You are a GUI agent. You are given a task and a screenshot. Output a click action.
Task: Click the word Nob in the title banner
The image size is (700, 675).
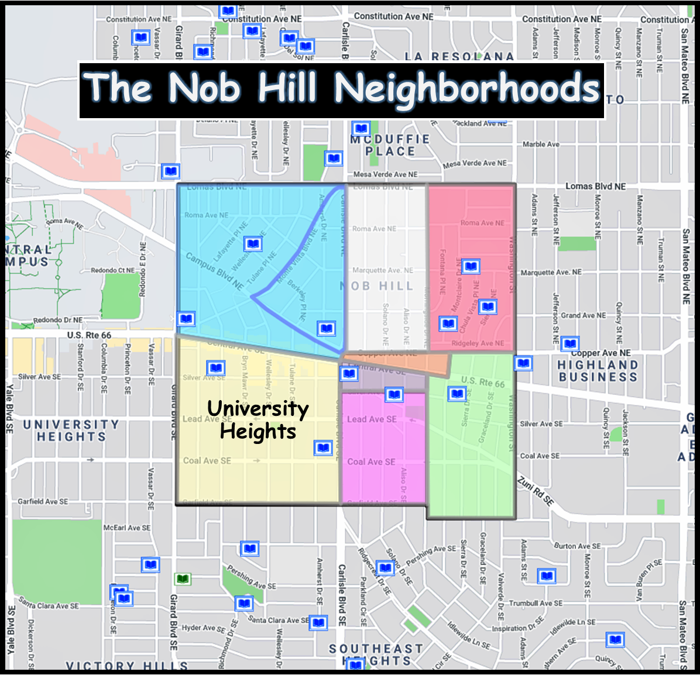tap(204, 89)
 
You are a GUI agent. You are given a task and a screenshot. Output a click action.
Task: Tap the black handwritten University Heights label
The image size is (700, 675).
tap(258, 419)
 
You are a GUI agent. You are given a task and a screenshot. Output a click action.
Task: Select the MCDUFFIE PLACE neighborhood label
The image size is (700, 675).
tap(390, 145)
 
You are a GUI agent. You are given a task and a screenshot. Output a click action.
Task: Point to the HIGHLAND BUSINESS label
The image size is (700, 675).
tap(598, 371)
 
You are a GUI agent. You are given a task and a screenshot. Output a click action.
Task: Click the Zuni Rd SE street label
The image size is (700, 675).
tap(536, 491)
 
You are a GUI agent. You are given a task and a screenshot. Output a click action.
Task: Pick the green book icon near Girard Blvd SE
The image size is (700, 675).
tap(183, 579)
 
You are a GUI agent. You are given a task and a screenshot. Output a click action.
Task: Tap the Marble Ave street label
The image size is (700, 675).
tap(541, 144)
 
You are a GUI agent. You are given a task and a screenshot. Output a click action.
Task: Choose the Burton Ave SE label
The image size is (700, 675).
tap(577, 546)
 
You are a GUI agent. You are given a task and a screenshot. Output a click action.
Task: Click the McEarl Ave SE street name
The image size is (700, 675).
tap(126, 528)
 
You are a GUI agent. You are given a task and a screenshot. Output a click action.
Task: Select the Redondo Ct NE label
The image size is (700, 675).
tap(112, 270)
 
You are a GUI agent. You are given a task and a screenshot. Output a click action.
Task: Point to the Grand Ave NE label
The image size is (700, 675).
tap(584, 315)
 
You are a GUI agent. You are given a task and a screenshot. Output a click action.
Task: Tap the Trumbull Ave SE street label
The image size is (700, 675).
tap(536, 603)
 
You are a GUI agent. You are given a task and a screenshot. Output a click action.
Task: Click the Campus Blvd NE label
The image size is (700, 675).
tap(214, 271)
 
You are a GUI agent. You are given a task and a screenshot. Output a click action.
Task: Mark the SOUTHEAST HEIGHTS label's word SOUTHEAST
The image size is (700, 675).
tap(376, 649)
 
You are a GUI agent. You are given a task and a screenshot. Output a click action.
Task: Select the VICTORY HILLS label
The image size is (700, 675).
tap(126, 666)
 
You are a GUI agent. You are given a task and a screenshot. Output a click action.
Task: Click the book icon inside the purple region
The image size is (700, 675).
tap(349, 374)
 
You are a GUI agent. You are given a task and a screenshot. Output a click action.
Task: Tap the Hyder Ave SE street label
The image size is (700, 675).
tap(203, 628)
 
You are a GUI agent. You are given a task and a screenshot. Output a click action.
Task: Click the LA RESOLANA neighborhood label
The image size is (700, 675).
tap(459, 57)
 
